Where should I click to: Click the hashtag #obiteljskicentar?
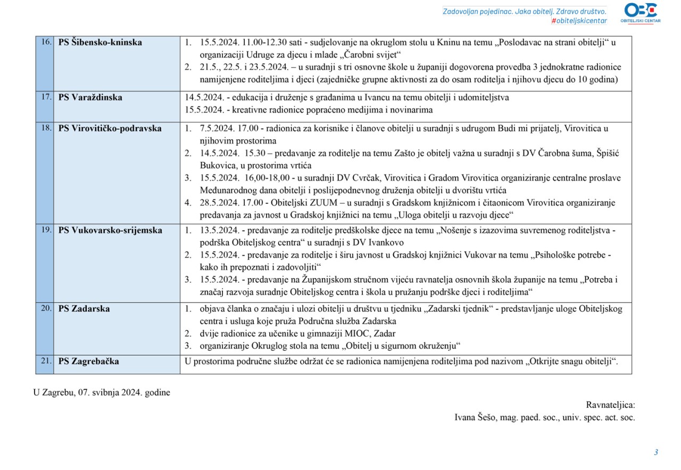579,21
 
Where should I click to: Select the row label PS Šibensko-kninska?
100,43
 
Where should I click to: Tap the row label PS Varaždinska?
90,98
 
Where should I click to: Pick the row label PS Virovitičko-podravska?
110,129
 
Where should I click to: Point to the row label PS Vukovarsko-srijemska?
110,231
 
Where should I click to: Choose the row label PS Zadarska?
84,309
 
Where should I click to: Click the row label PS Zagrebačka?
88,362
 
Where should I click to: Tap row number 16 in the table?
46,42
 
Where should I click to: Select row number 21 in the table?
46,361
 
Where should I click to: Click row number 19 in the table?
46,230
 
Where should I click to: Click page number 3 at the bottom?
656,452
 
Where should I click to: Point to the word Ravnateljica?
610,405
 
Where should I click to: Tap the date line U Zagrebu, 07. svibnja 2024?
102,392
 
